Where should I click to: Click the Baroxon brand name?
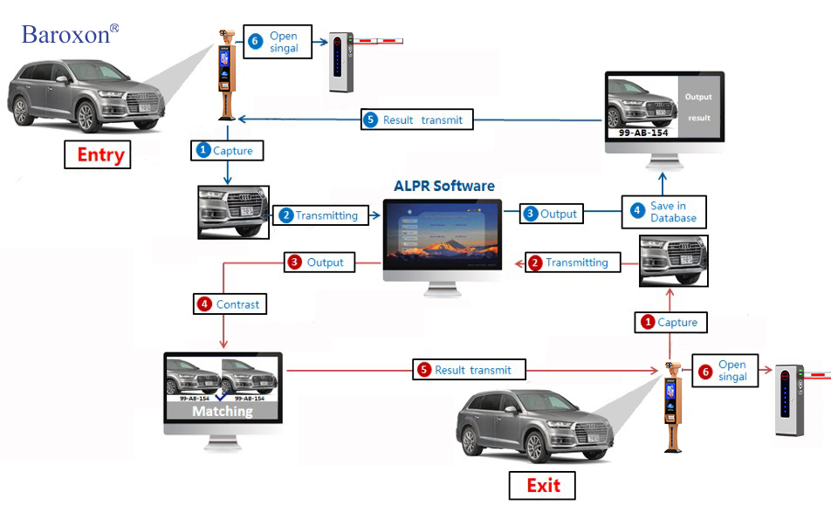click(66, 34)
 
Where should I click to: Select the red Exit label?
click(543, 485)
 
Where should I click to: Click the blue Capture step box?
click(226, 150)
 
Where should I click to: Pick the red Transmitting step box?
click(569, 262)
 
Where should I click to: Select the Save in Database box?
click(663, 212)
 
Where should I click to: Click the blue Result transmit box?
click(416, 119)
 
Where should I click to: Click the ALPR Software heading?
click(443, 186)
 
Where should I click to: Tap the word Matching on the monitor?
click(223, 411)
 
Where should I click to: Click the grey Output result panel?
click(698, 107)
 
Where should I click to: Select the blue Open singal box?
click(277, 42)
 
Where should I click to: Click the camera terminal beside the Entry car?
click(226, 73)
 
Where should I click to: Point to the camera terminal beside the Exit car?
click(673, 405)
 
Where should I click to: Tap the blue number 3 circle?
click(530, 214)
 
